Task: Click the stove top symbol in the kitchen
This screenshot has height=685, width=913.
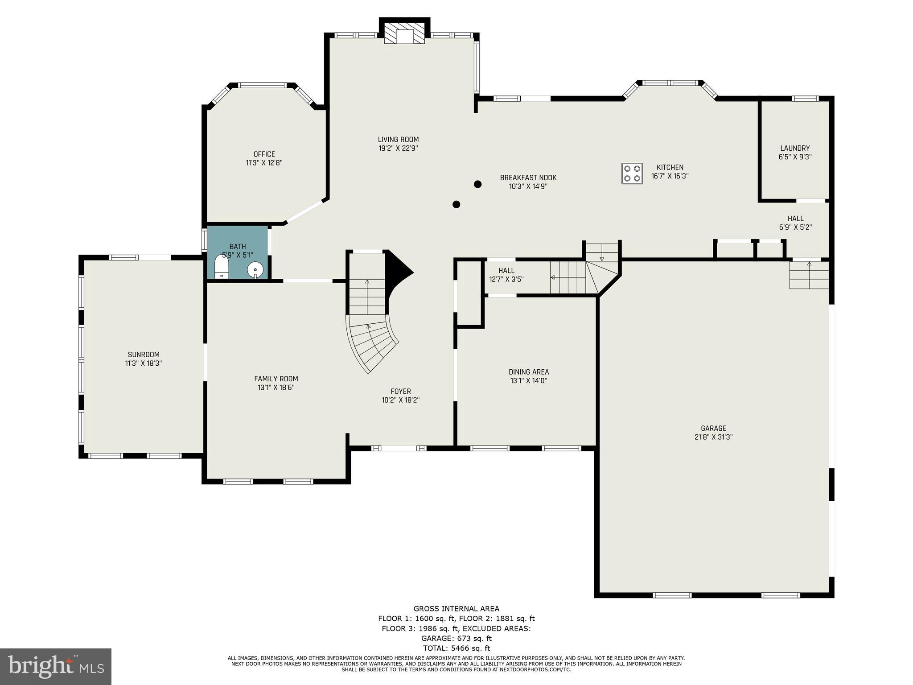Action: click(x=632, y=173)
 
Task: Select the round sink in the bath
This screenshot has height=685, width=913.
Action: click(x=255, y=269)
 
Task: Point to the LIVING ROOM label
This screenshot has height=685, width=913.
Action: click(x=398, y=140)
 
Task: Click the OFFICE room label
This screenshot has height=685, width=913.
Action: click(x=264, y=154)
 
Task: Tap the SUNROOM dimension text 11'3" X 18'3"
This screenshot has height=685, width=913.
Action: click(x=144, y=363)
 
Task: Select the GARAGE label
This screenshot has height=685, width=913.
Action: click(x=713, y=429)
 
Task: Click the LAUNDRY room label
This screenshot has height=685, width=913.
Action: click(x=795, y=148)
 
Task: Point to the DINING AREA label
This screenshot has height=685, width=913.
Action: click(x=529, y=372)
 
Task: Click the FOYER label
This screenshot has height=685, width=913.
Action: click(x=400, y=392)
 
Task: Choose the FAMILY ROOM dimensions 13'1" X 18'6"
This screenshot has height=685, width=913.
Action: click(x=276, y=388)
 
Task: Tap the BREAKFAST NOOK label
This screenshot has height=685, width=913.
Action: click(x=528, y=177)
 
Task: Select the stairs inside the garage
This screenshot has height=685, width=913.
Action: click(x=809, y=275)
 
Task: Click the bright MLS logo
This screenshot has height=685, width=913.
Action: click(x=56, y=666)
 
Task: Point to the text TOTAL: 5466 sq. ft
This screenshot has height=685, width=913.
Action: click(x=456, y=648)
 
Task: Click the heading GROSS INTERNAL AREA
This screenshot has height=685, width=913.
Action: click(x=456, y=609)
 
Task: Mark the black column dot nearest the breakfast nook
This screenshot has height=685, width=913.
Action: click(x=477, y=184)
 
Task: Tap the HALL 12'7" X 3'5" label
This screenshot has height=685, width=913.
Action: click(x=506, y=275)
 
